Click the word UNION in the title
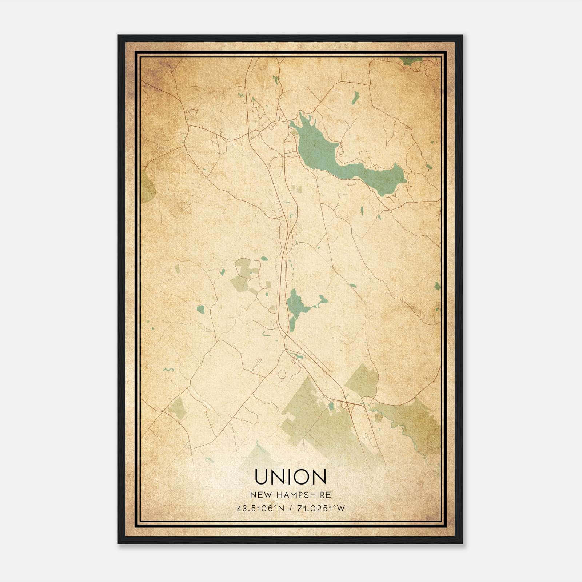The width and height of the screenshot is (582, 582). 290,477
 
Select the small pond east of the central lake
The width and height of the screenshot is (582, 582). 322,300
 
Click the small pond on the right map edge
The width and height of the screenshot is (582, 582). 437,286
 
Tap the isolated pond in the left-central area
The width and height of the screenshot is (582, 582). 200,309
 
